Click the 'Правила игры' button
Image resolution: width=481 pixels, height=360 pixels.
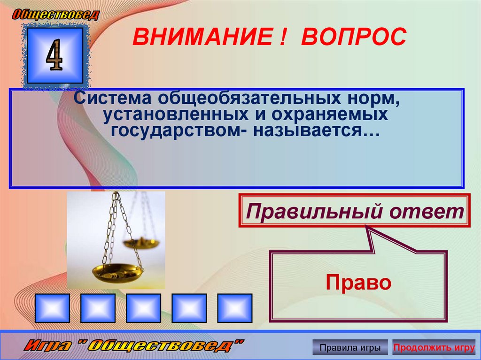tap(350, 348)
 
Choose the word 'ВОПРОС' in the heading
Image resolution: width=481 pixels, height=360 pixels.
tap(353, 37)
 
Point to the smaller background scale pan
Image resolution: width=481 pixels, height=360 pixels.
tap(141, 243)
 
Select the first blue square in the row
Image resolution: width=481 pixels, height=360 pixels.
tap(52, 308)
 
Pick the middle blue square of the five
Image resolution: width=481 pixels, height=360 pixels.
tap(143, 308)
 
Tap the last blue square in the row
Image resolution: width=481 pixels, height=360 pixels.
tap(235, 308)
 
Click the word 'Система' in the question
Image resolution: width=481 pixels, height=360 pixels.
tap(112, 99)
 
